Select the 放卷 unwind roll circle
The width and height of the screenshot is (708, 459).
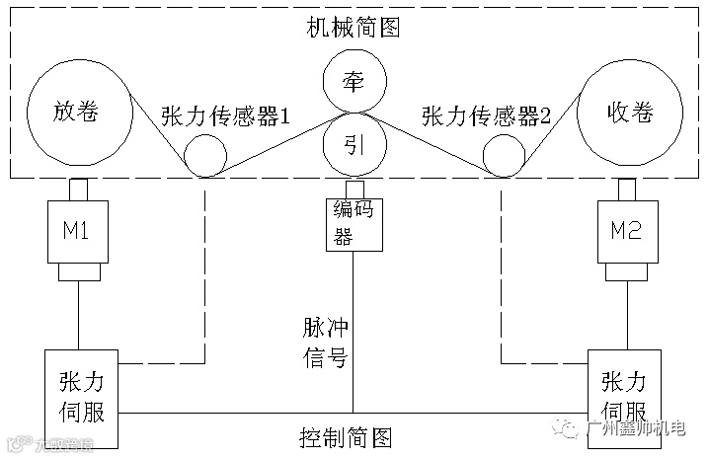78,112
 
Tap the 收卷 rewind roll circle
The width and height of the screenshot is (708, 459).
628,112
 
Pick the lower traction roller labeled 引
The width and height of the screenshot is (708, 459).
354,144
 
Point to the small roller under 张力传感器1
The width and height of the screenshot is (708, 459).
205,154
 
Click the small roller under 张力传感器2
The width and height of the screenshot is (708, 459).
504,154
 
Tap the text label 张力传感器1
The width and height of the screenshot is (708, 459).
225,116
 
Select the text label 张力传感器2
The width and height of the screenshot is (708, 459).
486,116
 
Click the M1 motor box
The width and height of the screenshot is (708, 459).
78,231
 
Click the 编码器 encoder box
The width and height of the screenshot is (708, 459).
354,223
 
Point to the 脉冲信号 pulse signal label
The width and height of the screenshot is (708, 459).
325,343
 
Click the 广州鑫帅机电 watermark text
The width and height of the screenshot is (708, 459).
641,430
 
